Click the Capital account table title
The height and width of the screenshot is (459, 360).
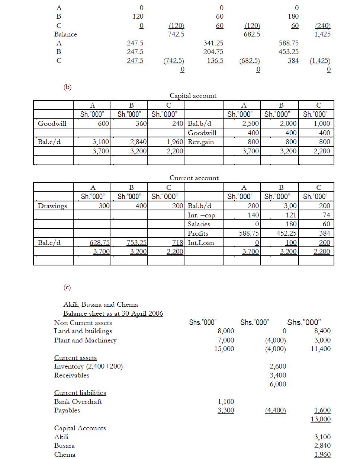(193, 96)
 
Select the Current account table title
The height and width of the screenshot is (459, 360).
(194, 178)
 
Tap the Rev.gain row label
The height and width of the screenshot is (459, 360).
(201, 142)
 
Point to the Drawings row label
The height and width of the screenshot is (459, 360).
(52, 206)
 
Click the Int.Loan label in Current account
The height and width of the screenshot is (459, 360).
(201, 243)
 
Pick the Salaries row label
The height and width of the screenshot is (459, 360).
(199, 224)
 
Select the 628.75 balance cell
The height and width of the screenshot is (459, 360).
(99, 243)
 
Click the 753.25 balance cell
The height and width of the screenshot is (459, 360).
(136, 243)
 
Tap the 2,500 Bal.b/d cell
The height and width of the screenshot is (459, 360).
(251, 124)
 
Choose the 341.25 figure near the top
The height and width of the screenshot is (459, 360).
(213, 43)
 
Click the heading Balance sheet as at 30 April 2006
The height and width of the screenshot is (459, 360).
(113, 313)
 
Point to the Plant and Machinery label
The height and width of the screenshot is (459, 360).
(85, 340)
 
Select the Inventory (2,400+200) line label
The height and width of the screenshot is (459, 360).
(89, 366)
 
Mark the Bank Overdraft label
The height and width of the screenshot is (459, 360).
(78, 402)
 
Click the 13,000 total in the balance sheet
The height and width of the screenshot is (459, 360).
(321, 419)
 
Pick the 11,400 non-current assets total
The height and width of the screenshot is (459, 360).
(321, 349)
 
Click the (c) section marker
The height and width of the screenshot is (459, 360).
(67, 287)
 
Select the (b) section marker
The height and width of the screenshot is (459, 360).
(67, 87)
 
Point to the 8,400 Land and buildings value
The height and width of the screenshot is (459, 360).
(322, 331)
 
